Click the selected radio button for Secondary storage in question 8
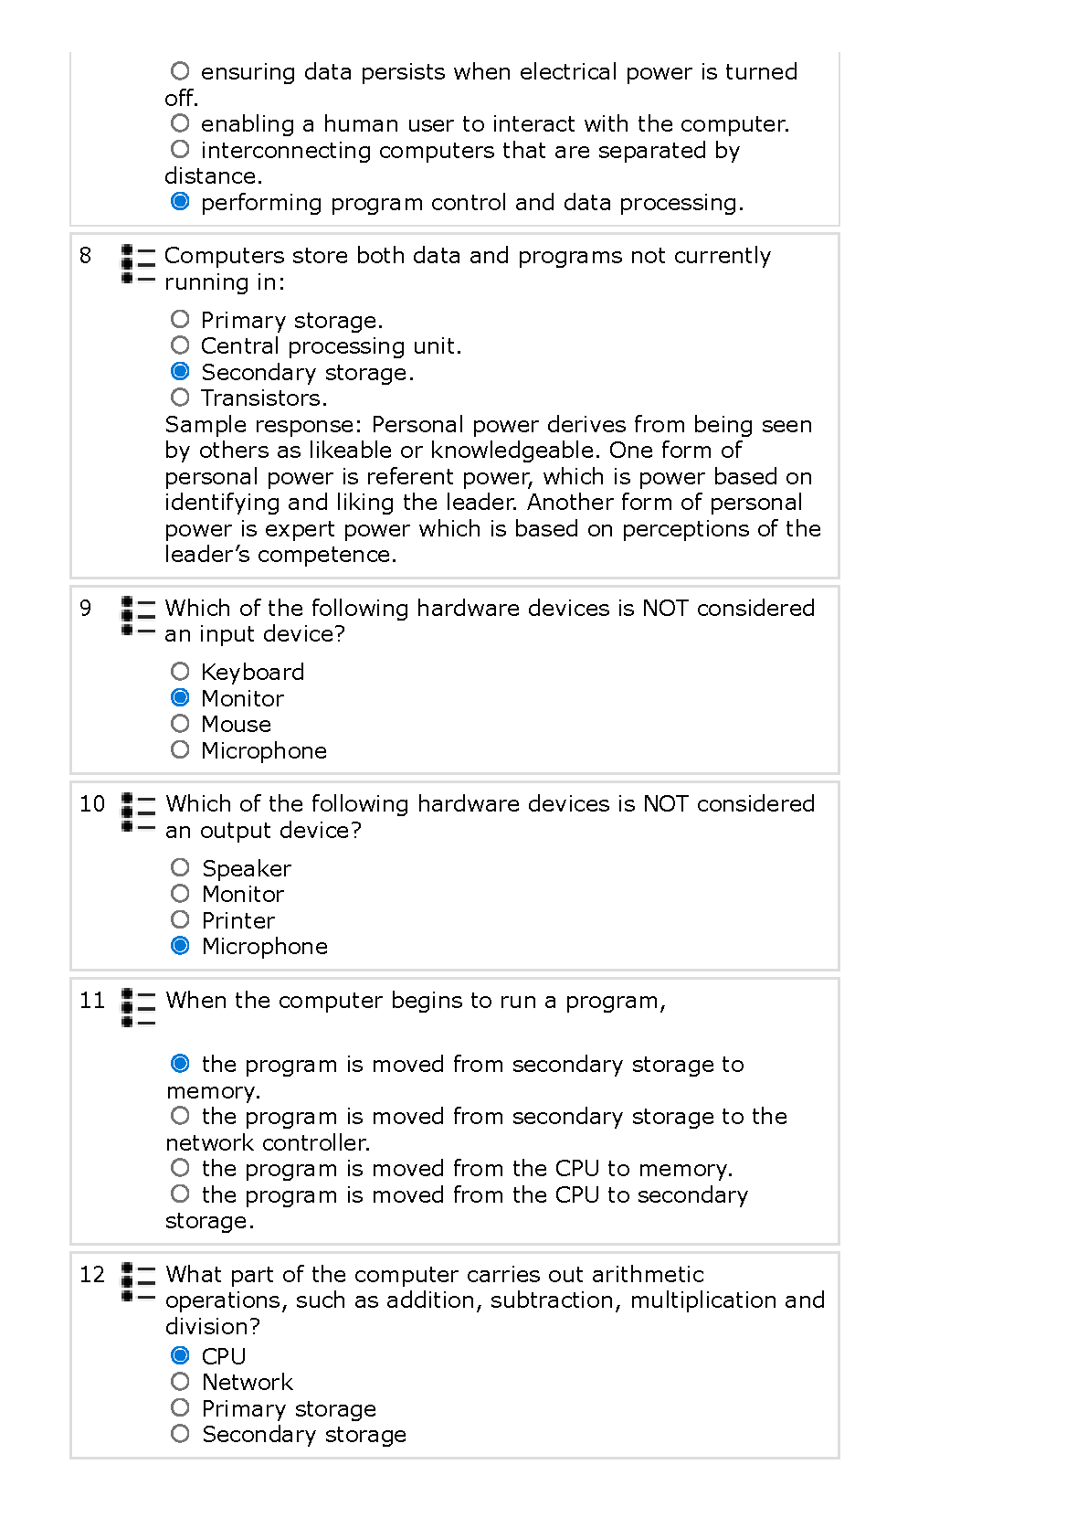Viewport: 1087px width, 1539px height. tap(180, 371)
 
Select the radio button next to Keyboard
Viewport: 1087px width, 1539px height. tap(180, 672)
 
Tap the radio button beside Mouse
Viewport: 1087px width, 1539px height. tap(180, 724)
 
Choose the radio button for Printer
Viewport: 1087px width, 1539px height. tap(180, 919)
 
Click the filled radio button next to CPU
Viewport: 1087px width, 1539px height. tap(180, 1355)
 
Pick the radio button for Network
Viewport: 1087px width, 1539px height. tap(180, 1381)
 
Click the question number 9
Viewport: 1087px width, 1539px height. tap(86, 608)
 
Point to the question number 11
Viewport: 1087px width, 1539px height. tap(92, 1000)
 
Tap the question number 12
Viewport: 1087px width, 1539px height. tap(92, 1274)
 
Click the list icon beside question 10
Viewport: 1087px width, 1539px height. tap(138, 812)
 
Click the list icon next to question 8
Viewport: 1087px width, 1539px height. tap(138, 264)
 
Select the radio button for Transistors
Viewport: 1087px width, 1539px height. tap(180, 397)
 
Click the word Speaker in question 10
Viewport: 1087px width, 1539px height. tap(247, 868)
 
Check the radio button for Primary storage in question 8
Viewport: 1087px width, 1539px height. tap(180, 319)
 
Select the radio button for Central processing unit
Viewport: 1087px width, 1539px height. tap(180, 345)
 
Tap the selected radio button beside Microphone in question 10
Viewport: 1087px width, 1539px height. tap(180, 945)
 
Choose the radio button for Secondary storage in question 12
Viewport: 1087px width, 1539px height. tap(180, 1433)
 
